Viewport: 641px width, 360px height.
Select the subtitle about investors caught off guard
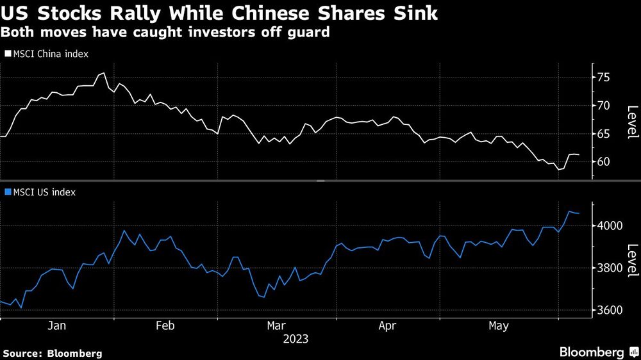[165, 31]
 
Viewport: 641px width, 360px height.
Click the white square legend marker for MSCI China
[7, 54]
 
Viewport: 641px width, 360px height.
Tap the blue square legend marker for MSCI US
[7, 192]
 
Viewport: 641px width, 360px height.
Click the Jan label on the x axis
[57, 326]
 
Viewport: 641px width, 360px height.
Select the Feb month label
[165, 326]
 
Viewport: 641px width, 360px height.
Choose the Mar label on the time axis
[277, 326]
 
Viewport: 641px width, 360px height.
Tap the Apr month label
[387, 326]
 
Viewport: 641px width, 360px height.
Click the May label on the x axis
[498, 326]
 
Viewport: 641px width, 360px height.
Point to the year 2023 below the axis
[296, 339]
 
